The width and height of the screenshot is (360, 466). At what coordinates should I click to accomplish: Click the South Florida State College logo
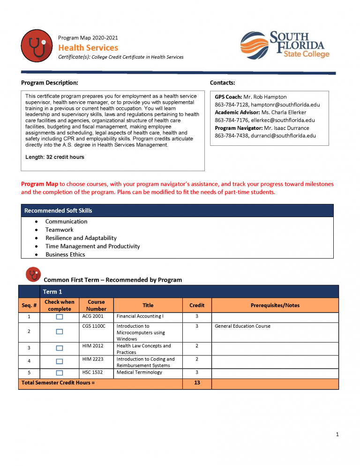[285, 45]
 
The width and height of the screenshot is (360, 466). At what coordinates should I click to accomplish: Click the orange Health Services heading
[88, 47]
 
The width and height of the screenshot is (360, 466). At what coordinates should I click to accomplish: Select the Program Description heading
[50, 83]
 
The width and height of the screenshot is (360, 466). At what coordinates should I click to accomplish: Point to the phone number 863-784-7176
[231, 120]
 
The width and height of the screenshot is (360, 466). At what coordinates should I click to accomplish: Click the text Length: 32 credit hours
[55, 157]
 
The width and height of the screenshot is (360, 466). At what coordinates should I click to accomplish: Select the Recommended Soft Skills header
[58, 210]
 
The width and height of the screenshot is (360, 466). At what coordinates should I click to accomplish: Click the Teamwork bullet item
[60, 230]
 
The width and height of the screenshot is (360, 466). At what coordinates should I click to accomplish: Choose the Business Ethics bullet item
[65, 255]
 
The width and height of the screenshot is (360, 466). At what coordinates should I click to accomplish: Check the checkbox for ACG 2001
[60, 317]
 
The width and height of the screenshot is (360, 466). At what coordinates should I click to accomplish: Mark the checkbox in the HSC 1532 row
[60, 373]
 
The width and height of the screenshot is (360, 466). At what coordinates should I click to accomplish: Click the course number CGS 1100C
[94, 326]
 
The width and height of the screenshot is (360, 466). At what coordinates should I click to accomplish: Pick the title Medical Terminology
[139, 372]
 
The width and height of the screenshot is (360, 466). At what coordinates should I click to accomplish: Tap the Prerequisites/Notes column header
[275, 305]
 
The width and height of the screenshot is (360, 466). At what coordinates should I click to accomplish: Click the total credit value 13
[197, 383]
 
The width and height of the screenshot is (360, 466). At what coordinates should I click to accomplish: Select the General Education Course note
[242, 326]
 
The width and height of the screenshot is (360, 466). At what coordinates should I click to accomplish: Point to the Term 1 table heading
[52, 292]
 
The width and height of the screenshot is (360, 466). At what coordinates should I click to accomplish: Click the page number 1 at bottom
[337, 435]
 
